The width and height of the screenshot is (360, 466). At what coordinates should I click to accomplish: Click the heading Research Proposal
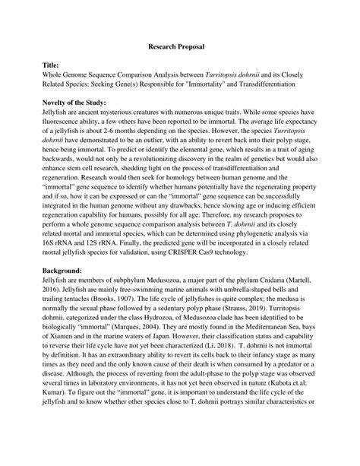[179, 47]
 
